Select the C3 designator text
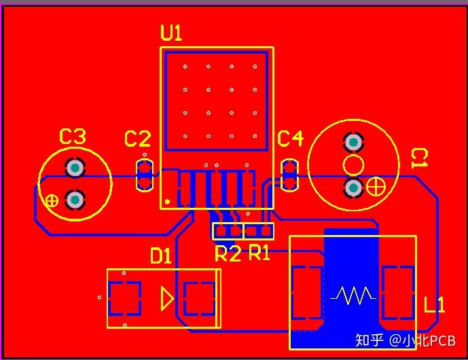pos(73,137)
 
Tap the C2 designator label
pos(137,140)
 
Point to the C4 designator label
pos(290,139)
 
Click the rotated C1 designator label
pos(420,158)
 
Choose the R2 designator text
pos(228,254)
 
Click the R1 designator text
pos(259,253)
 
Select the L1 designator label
pos(434,305)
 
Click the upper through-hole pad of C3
pos(74,168)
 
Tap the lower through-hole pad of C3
pos(74,200)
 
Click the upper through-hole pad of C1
pos(353,143)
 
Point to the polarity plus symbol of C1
pos(376,185)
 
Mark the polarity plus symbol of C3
pos(51,200)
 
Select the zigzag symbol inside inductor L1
pos(353,295)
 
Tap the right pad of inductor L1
pos(398,293)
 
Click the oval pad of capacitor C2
pos(144,175)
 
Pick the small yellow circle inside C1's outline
pos(353,164)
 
